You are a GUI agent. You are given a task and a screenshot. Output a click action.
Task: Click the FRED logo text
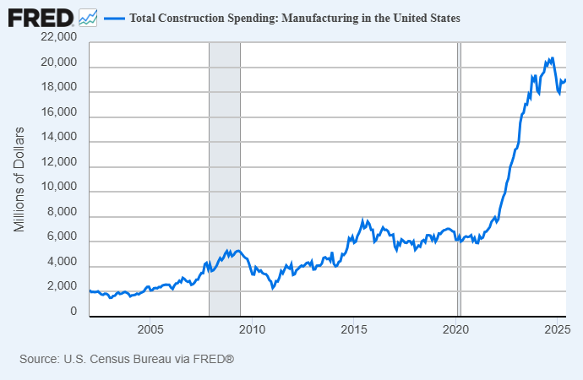41,17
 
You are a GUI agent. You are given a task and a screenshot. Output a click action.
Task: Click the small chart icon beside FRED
88,17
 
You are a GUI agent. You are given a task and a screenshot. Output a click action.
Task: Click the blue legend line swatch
113,18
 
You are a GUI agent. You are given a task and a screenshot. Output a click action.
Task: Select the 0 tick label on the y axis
74,312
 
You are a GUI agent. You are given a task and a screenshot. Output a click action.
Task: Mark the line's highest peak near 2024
552,58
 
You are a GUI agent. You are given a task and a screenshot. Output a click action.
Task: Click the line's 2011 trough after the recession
273,289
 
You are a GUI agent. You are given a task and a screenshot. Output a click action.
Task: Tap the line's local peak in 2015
363,220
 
